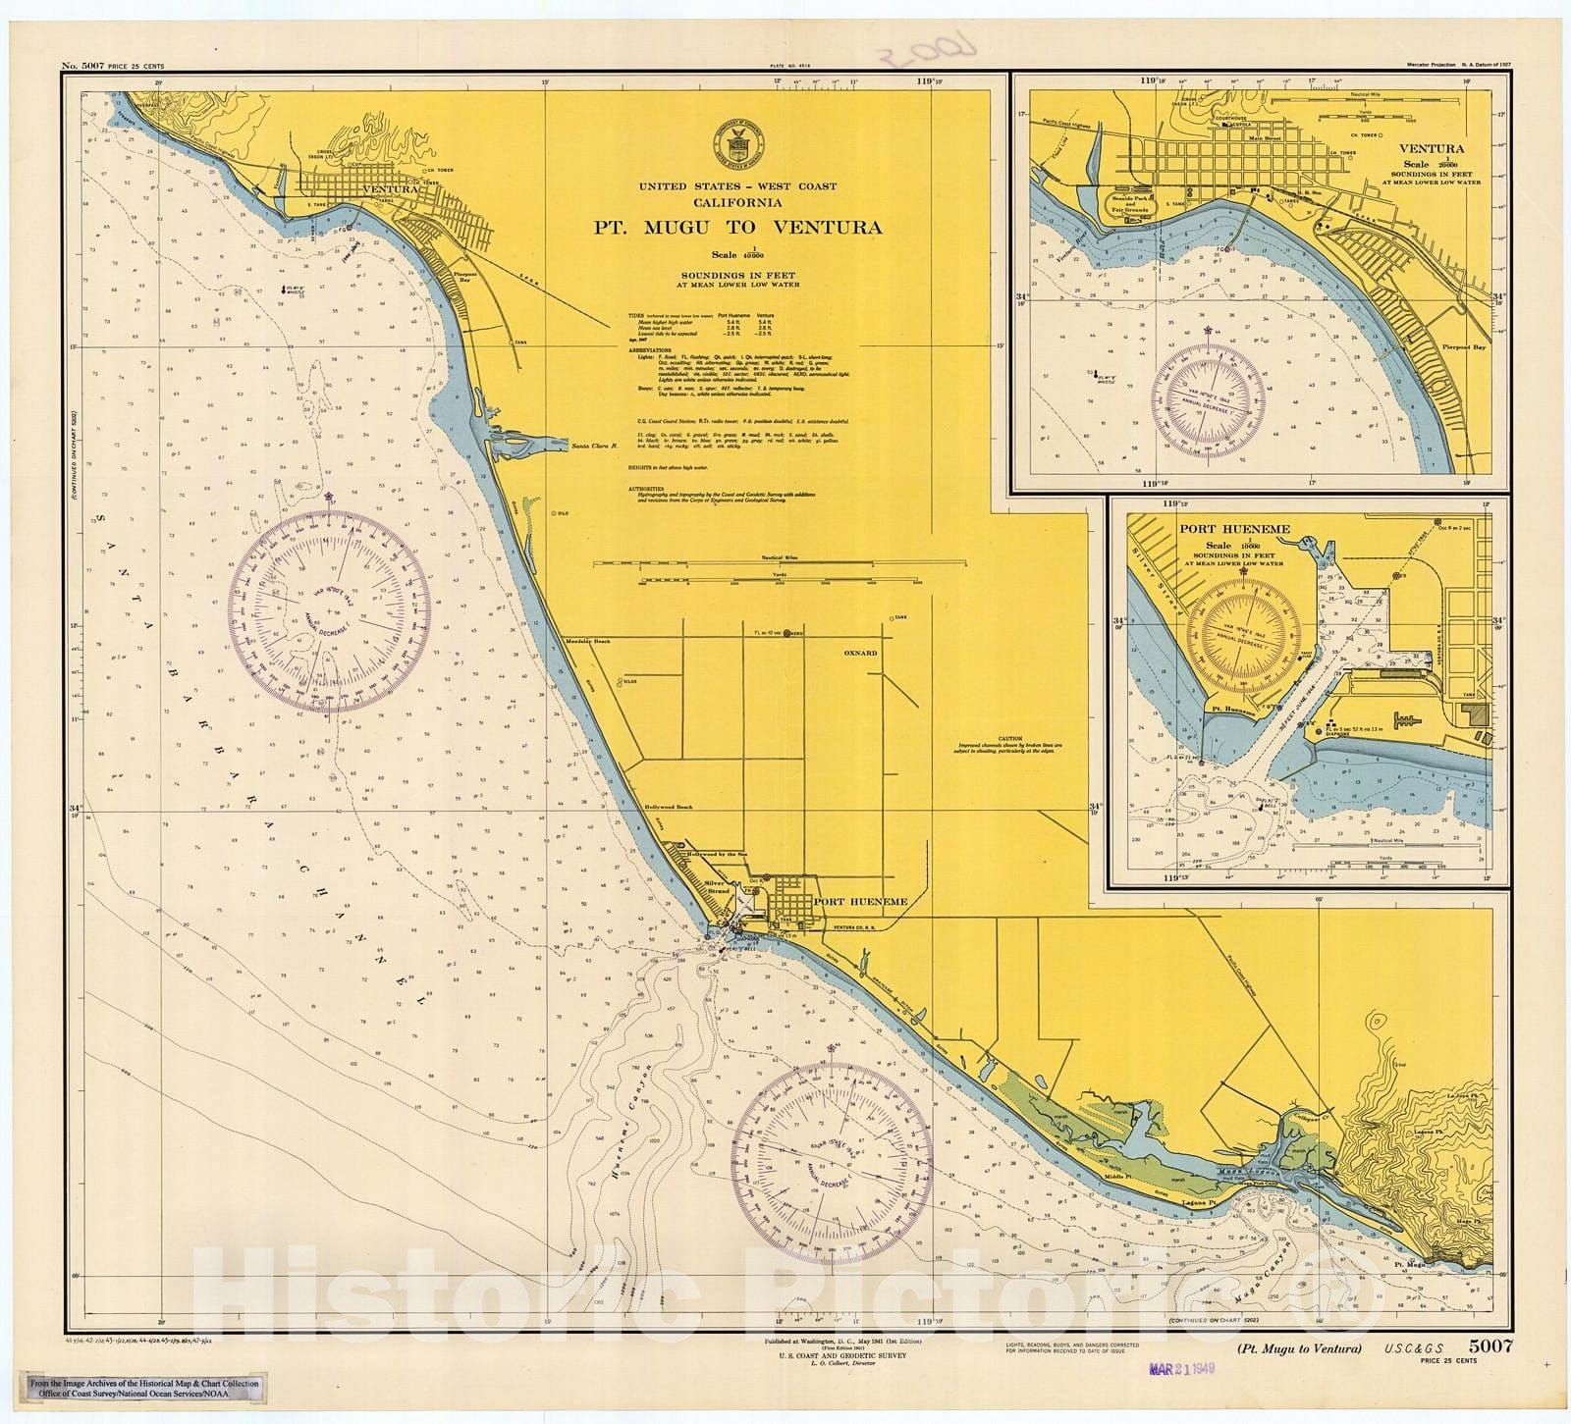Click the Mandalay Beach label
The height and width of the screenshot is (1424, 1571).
588,641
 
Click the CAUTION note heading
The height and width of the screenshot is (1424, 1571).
1010,738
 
